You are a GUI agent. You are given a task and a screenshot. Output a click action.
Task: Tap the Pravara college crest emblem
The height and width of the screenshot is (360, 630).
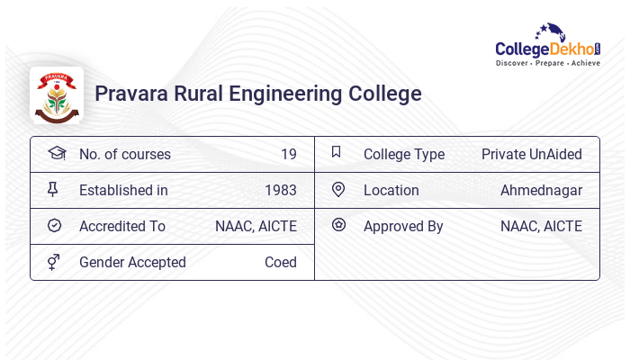(x=57, y=94)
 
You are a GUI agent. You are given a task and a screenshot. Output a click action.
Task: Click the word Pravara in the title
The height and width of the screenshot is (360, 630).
(x=132, y=94)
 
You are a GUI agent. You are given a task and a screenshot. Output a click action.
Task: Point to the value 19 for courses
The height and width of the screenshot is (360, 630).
(x=288, y=154)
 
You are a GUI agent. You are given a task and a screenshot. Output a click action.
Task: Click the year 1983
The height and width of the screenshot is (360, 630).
(x=281, y=190)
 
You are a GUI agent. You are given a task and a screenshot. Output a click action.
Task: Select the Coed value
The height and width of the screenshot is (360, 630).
(x=281, y=262)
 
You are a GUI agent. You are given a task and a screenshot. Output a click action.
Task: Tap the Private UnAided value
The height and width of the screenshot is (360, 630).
(x=531, y=154)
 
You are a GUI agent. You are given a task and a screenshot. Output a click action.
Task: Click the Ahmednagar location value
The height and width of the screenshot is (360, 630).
(x=541, y=190)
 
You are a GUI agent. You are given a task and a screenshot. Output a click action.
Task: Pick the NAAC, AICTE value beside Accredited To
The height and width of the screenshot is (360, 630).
(x=256, y=226)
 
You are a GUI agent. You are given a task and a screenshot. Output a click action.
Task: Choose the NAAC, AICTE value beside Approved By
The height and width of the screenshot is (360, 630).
(x=541, y=226)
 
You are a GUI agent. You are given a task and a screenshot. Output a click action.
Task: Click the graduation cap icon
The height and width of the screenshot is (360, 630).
(x=56, y=153)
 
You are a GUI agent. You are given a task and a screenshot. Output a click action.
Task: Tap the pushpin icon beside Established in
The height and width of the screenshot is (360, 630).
(x=53, y=189)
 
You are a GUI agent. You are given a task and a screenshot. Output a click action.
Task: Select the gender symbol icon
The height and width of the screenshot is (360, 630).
(x=54, y=262)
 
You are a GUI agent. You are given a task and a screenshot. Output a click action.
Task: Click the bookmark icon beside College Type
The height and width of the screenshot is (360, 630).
(x=337, y=152)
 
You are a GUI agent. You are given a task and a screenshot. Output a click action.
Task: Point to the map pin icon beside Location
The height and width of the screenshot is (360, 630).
(x=338, y=189)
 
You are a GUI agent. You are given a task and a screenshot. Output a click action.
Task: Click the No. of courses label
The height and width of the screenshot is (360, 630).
(x=125, y=154)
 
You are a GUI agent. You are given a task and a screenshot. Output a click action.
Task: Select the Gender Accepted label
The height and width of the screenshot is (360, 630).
(x=132, y=262)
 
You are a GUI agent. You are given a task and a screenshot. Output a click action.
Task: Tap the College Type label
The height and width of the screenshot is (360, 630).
(x=404, y=154)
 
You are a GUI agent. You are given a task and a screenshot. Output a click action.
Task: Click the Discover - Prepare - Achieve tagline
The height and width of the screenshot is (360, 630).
(x=547, y=64)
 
